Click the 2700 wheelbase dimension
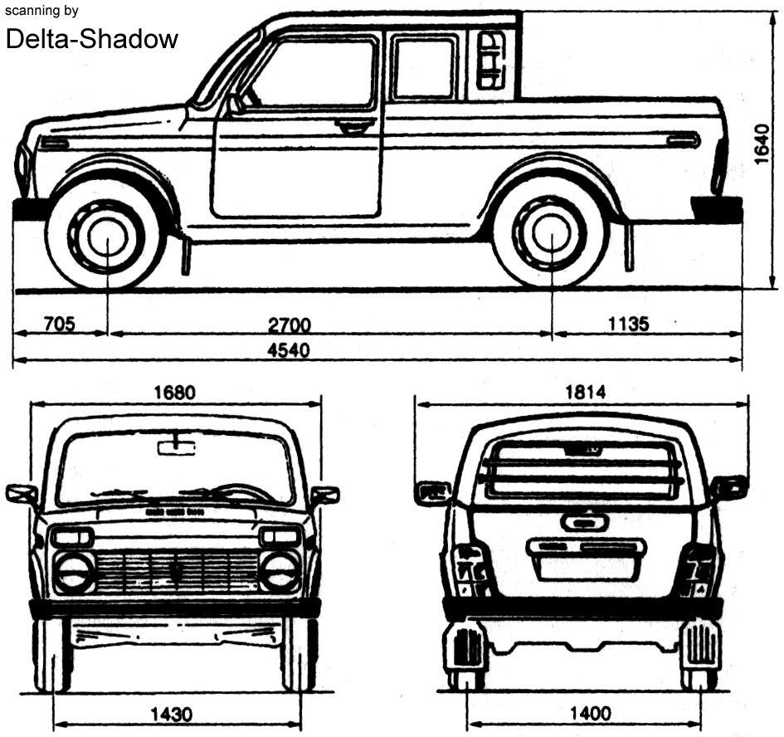[x=290, y=325]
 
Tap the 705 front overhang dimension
[x=60, y=325]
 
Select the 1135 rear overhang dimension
[x=629, y=324]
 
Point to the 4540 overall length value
[x=289, y=349]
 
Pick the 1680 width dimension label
[x=174, y=393]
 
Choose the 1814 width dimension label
[x=586, y=392]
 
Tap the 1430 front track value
[x=172, y=714]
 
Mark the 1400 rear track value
[x=591, y=713]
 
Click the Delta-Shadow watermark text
[x=92, y=39]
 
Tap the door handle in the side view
[x=354, y=126]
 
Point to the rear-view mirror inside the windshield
[x=177, y=447]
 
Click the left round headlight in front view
[x=74, y=573]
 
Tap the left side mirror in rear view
[x=433, y=493]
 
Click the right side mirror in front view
[x=325, y=495]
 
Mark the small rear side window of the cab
[x=490, y=61]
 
